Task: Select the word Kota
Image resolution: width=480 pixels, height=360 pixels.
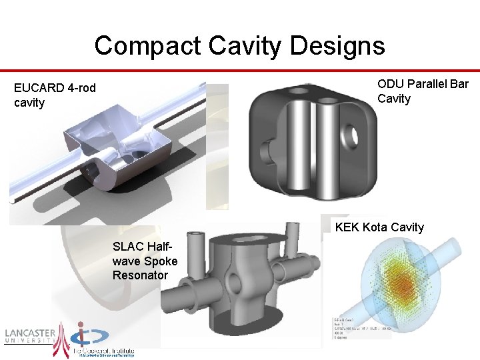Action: (x=378, y=227)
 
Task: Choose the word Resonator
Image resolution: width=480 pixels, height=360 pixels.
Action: (x=140, y=275)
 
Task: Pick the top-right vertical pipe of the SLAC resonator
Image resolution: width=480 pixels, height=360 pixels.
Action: (x=291, y=241)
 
